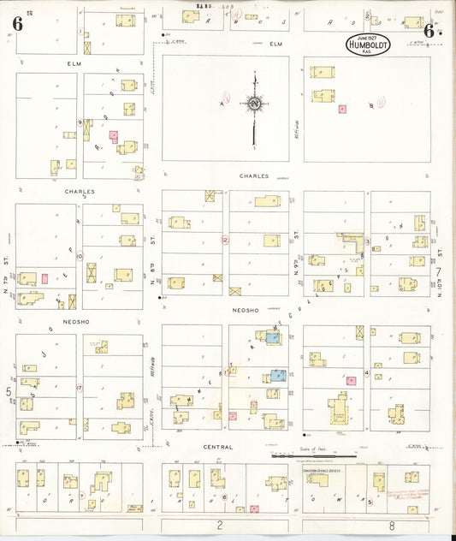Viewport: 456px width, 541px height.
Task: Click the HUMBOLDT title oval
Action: [368, 44]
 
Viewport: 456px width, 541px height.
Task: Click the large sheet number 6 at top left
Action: [17, 23]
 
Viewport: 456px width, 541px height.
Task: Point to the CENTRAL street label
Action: [218, 447]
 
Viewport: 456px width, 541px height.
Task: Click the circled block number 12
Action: [225, 241]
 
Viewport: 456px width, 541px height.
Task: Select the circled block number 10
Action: [80, 256]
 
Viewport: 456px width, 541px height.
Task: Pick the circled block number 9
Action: [80, 123]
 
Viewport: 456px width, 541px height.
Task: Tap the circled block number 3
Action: [367, 242]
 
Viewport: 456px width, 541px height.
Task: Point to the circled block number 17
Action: [80, 388]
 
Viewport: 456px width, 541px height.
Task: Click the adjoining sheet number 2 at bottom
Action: [219, 526]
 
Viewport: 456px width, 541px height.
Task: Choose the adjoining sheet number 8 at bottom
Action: [391, 526]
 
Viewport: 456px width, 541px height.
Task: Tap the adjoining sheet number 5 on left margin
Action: [9, 392]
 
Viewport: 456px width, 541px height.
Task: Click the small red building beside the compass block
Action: [342, 110]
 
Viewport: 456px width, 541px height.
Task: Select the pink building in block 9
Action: [113, 135]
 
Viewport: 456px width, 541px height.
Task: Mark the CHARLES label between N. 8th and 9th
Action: [255, 175]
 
